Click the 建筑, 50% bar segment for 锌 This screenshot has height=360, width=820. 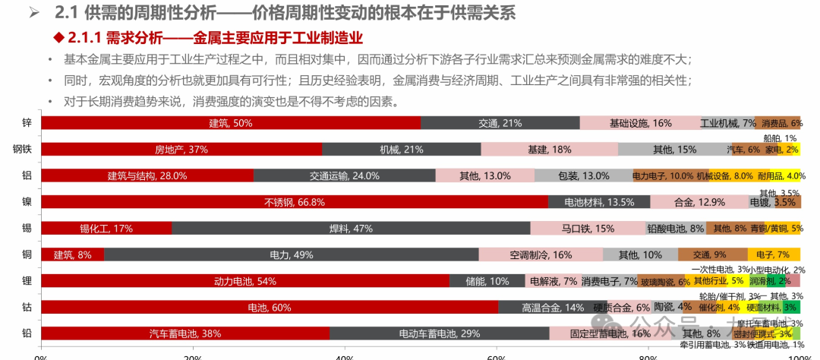pos(230,122)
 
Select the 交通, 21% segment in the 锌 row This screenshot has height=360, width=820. pos(500,122)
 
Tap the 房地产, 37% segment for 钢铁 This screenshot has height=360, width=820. pos(181,149)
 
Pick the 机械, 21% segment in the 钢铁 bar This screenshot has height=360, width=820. pos(401,149)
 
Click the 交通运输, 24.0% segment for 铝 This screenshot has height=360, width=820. pos(344,175)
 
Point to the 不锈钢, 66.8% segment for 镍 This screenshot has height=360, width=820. pos(294,202)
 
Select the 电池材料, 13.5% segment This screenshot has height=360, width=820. pos(598,202)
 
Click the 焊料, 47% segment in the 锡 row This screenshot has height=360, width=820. pos(350,228)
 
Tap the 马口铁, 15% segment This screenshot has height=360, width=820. pos(587,228)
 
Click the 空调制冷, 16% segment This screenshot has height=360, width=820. pos(540,254)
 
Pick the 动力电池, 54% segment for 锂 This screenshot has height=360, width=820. pos(244,281)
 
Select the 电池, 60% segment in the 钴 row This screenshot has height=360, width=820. pos(269,307)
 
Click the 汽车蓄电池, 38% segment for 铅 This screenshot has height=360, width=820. pos(184,333)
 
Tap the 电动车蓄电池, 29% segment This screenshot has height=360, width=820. pos(439,333)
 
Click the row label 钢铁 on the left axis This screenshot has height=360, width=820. pos(21,149)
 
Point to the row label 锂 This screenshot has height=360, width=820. pos(27,281)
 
